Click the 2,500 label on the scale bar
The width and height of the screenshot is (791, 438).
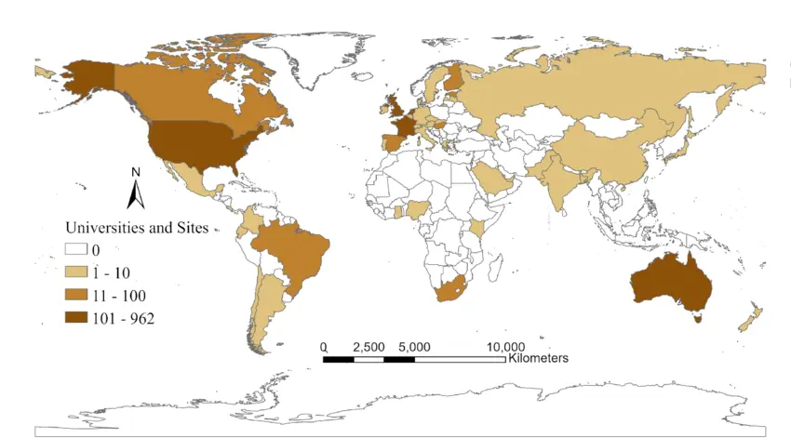coord(369,347)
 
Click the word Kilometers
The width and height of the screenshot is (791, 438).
coord(539,358)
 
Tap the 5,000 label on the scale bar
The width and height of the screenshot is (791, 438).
coord(414,347)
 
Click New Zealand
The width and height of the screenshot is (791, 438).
coord(752,317)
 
